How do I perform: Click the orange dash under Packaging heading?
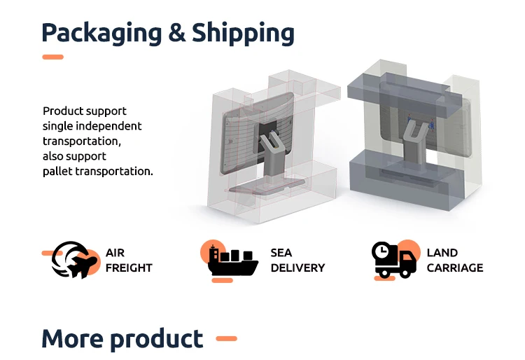pyautogui.click(x=52, y=57)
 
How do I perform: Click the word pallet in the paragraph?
pyautogui.click(x=58, y=171)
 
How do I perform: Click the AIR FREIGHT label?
pyautogui.click(x=129, y=260)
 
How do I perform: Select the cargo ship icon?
pyautogui.click(x=233, y=261)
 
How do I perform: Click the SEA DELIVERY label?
pyautogui.click(x=297, y=260)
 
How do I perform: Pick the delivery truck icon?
pyautogui.click(x=395, y=261)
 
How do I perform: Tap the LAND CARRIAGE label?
pyautogui.click(x=454, y=260)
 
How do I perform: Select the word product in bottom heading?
pyautogui.click(x=155, y=339)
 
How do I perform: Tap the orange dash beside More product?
pyautogui.click(x=226, y=339)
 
